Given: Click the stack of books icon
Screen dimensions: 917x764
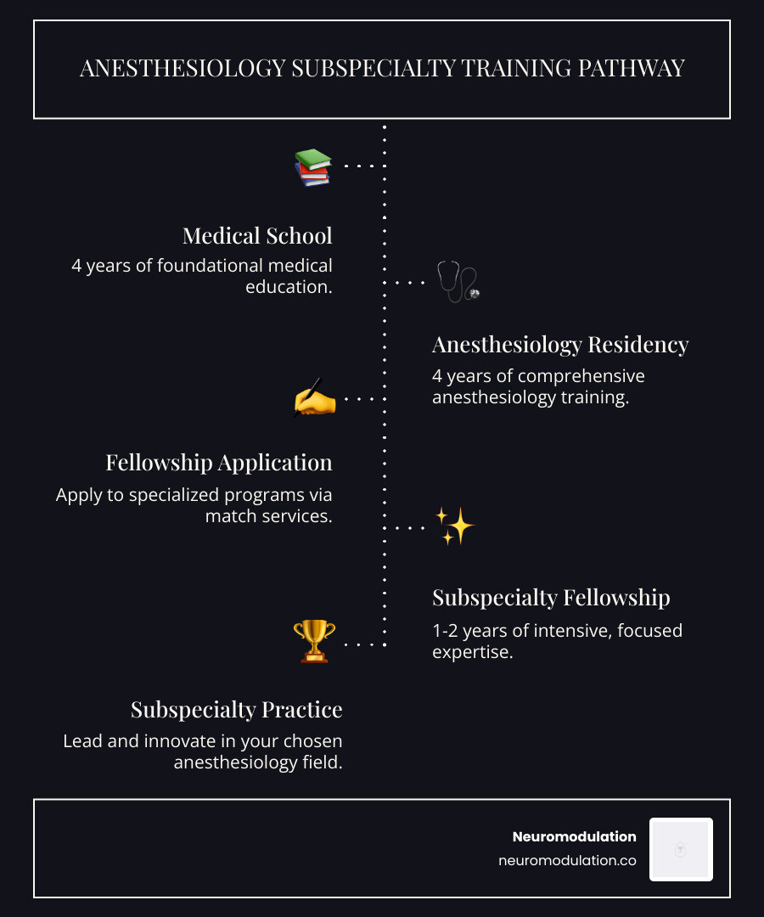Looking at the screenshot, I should click(312, 167).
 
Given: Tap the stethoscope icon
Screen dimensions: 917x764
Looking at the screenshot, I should click(458, 282).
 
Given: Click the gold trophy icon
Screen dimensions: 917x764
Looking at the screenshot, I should click(314, 641).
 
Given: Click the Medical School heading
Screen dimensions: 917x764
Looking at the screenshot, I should click(257, 235).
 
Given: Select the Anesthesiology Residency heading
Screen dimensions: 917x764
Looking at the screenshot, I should click(560, 345).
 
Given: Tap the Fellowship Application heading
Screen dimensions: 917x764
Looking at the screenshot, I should click(219, 463).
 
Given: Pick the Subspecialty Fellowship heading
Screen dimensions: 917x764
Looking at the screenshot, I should click(551, 598).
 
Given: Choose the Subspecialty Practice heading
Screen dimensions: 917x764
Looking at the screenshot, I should click(237, 709).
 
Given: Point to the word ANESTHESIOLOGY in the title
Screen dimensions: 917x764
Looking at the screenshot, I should click(183, 69).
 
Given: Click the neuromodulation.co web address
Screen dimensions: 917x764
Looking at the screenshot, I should click(567, 860).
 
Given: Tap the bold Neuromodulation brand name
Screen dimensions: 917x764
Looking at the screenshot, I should click(574, 836).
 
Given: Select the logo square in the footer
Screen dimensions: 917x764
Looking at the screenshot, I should click(681, 849).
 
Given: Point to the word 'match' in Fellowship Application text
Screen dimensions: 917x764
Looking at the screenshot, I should click(229, 515).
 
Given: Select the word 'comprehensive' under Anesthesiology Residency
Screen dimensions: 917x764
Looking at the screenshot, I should click(581, 376).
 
